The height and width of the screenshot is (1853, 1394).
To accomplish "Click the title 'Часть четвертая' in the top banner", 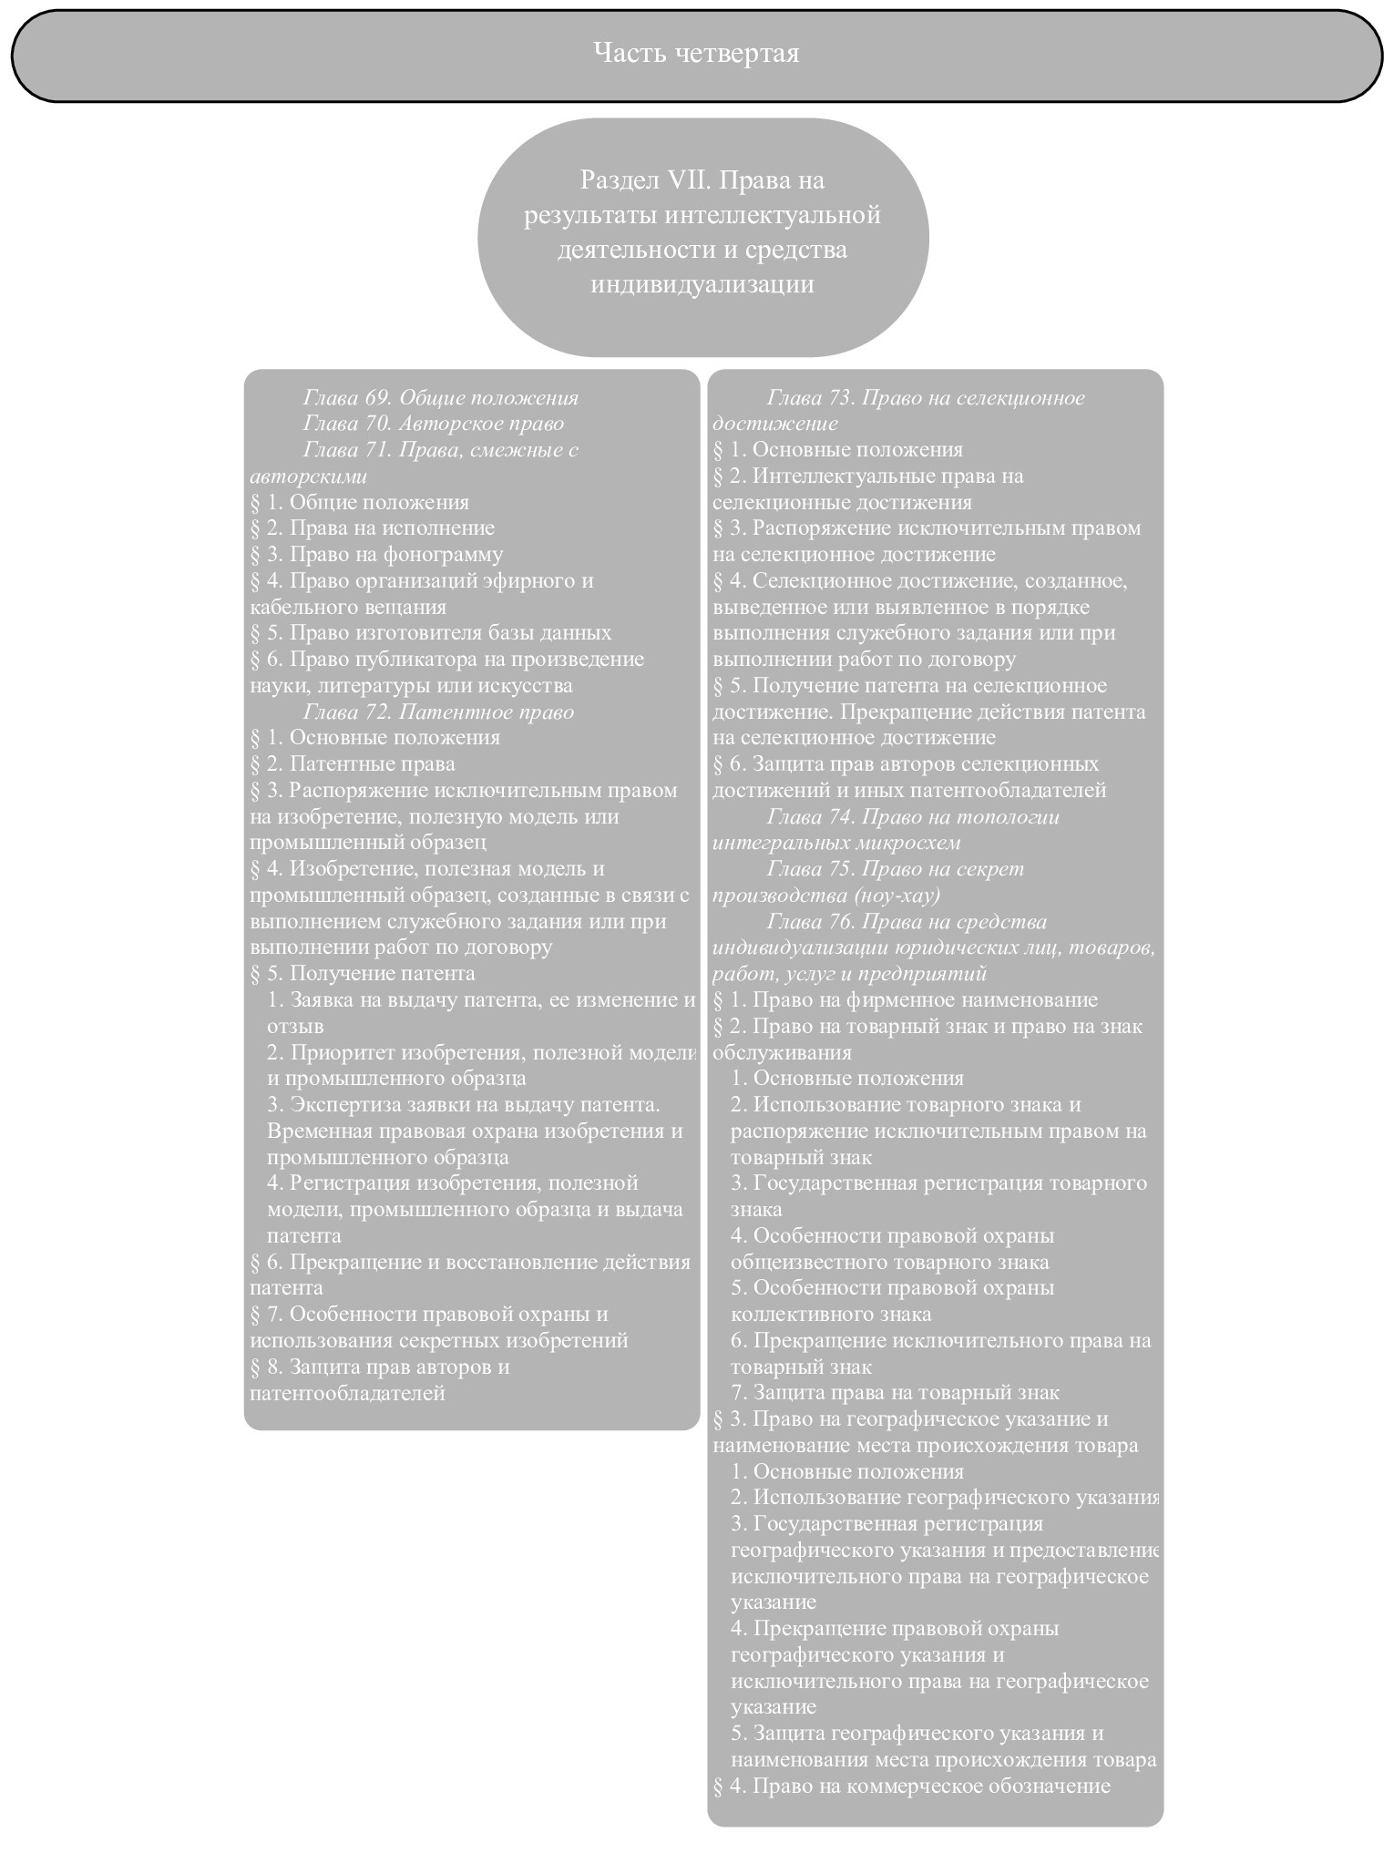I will (696, 53).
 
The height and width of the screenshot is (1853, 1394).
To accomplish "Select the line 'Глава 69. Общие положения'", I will (440, 398).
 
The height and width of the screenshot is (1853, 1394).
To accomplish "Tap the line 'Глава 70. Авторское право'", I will (433, 424).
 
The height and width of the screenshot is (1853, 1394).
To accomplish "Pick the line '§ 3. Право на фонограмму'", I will (376, 554).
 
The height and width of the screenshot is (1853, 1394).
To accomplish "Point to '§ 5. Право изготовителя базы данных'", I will (430, 632).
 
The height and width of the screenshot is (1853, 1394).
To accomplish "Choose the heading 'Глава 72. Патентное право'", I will (438, 712).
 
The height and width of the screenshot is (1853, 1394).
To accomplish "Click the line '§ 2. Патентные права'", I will (353, 763).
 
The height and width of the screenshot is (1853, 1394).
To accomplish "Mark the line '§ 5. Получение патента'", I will (363, 973).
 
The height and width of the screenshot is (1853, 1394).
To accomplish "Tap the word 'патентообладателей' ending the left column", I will (347, 1392).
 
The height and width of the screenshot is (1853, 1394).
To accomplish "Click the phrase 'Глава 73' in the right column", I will (809, 398).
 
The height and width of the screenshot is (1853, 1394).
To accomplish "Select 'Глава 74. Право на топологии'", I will (913, 816).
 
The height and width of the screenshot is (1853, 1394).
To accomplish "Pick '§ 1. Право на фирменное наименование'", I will (905, 999).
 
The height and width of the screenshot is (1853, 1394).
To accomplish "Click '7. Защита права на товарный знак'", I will (895, 1392).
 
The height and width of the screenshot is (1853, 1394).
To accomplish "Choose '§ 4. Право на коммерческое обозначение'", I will (911, 1785).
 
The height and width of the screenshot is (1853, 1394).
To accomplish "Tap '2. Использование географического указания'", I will (944, 1497).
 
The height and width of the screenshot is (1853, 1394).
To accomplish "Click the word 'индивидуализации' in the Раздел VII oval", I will (702, 284).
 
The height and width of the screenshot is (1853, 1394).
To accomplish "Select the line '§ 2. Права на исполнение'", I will (373, 528).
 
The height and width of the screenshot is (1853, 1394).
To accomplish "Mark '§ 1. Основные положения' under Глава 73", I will (837, 450).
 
